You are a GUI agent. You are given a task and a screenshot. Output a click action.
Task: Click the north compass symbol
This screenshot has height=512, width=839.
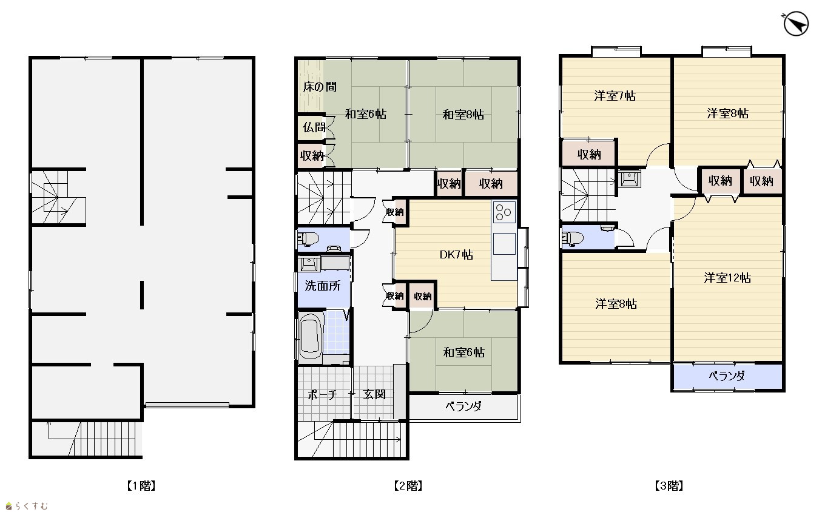pos(795,24)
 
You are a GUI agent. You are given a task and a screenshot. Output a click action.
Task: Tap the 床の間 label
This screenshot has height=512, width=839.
pos(320,87)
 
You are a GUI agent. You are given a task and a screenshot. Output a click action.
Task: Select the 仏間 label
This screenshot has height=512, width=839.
pos(314,128)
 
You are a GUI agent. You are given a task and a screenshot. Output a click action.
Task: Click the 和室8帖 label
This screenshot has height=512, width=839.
pos(463,114)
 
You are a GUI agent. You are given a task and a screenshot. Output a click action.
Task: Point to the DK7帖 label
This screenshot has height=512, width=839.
pos(456,255)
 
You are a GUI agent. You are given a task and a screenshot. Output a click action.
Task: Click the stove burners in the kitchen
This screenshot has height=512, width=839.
pos(504,212)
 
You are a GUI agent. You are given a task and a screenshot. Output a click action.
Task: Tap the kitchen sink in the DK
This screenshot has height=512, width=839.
pos(504,244)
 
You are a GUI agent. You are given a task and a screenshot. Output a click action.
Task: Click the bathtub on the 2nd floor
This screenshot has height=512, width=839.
pos(311,335)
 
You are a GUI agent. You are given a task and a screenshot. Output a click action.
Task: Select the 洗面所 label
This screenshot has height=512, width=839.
pos(323,286)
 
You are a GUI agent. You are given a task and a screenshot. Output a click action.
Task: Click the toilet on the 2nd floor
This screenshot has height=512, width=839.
pos(308,238)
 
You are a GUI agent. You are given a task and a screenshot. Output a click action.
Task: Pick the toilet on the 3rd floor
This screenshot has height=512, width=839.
pos(573,238)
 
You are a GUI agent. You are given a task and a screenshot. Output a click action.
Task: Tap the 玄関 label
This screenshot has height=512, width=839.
pos(374,394)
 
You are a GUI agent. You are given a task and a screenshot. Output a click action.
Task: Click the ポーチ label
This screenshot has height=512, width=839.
pos(323,394)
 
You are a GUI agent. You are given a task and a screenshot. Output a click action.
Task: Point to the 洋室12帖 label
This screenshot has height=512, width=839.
pos(727,278)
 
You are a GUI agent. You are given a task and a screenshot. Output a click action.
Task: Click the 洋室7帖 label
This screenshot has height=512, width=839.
pos(615,96)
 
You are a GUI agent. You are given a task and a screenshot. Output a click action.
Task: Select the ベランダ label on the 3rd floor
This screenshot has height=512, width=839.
pos(726,376)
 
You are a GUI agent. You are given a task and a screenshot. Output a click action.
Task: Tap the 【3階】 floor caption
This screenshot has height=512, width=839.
pos(669,486)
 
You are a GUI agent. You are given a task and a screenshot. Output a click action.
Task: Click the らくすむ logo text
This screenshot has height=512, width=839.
pos(32,506)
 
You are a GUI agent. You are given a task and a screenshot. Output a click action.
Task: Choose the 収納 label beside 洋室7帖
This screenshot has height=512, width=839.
pos(589,154)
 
